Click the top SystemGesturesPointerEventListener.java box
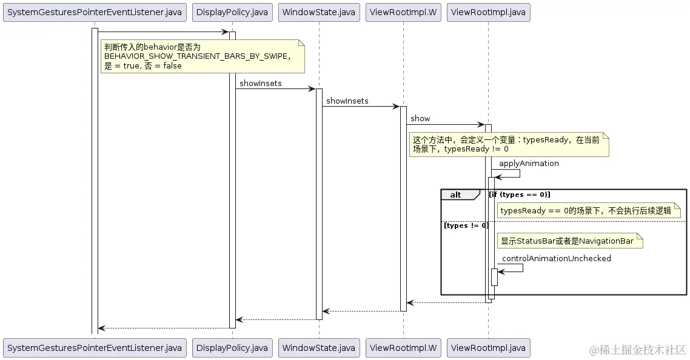[x=95, y=12]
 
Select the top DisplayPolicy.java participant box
[x=232, y=12]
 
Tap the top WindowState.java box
[x=319, y=12]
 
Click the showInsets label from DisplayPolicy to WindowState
[x=260, y=83]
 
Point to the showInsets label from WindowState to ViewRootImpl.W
[x=347, y=101]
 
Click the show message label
[x=420, y=118]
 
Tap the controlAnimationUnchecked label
[x=556, y=258]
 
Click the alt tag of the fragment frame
[x=456, y=195]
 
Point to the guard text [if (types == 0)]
[x=520, y=194]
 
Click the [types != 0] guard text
[x=466, y=225]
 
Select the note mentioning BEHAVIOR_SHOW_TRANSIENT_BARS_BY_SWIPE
[x=202, y=56]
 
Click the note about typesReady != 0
[x=508, y=144]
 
